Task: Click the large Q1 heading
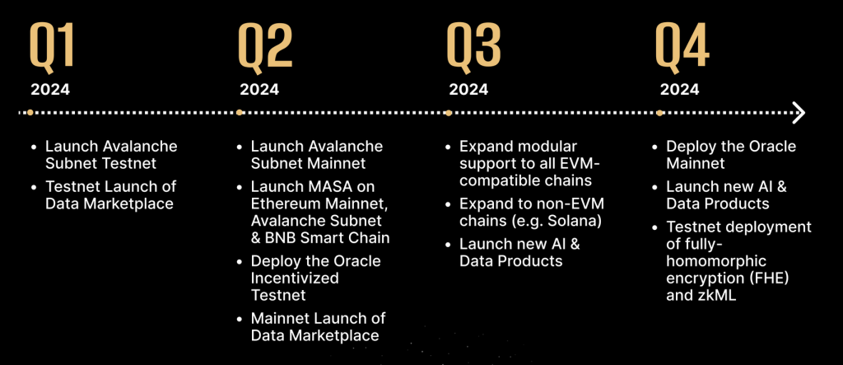[52, 46]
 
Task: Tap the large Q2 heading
[266, 46]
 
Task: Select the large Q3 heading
[474, 46]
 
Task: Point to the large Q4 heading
[682, 46]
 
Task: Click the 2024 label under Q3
[468, 89]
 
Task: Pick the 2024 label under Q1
[50, 89]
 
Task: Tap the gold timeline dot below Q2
[240, 113]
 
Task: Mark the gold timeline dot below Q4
[659, 113]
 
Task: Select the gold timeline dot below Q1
[30, 113]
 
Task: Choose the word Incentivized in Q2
[295, 278]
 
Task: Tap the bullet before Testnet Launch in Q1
[35, 187]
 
